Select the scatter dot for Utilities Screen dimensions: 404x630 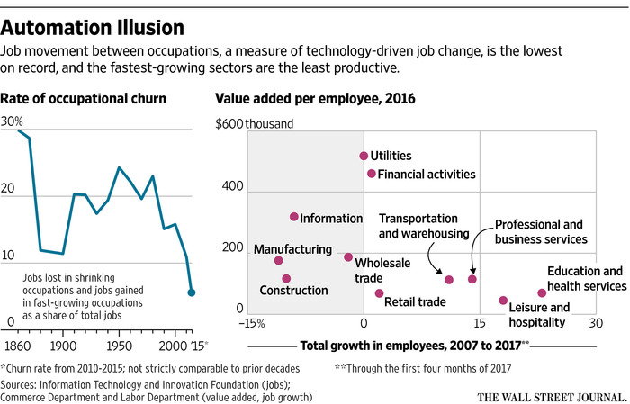(x=364, y=156)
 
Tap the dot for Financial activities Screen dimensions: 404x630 (x=371, y=174)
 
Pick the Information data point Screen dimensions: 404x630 (x=293, y=217)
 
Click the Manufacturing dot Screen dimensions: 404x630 (x=278, y=261)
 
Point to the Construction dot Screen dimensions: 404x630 (x=286, y=279)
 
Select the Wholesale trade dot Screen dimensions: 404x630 (x=348, y=257)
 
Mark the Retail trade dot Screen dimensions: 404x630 (x=379, y=293)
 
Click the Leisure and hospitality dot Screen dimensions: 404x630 (x=503, y=301)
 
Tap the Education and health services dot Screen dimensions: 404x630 (x=542, y=293)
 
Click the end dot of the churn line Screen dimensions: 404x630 (x=192, y=292)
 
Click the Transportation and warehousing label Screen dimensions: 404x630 (x=424, y=226)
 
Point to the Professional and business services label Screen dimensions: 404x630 (x=540, y=232)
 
